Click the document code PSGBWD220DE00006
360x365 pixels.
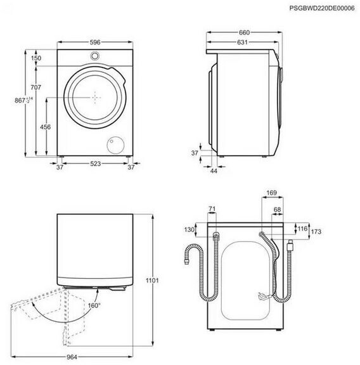pos(322,8)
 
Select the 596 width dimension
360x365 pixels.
pos(95,42)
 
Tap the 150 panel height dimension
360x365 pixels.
pos(36,58)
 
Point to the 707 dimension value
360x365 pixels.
pos(36,87)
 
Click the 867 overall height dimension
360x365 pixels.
pos(23,100)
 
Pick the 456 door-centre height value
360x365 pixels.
pos(45,127)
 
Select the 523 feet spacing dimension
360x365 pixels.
pos(96,163)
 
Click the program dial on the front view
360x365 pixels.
pos(95,56)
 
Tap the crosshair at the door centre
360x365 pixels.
pos(95,98)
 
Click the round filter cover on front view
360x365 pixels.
pos(116,145)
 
